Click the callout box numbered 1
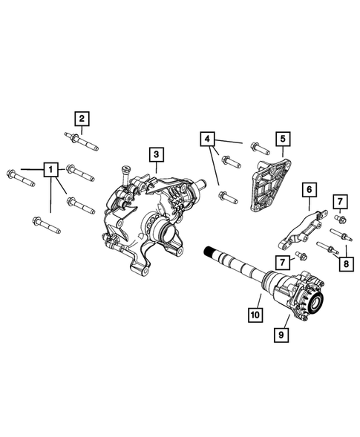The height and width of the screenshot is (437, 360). point(50,171)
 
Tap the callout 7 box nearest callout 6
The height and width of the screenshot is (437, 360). point(338,201)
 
